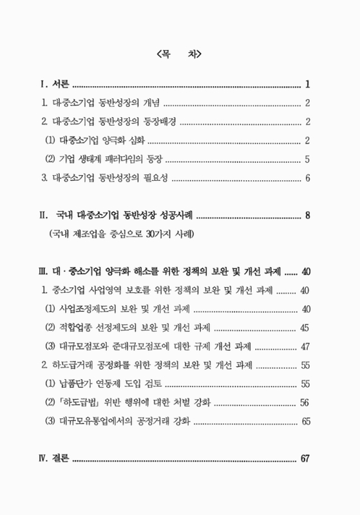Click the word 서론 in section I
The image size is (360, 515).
(61, 84)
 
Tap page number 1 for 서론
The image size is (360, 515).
(308, 84)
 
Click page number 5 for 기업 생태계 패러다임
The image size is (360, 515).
(308, 159)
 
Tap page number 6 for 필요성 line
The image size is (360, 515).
(308, 178)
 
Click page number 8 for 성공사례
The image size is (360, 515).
(308, 215)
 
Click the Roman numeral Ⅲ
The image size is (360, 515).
(44, 270)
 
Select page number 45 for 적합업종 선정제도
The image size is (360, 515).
(305, 328)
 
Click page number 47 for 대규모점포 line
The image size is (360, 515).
(305, 346)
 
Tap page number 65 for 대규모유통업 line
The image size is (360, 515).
(305, 422)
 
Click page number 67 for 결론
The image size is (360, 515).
(305, 459)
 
